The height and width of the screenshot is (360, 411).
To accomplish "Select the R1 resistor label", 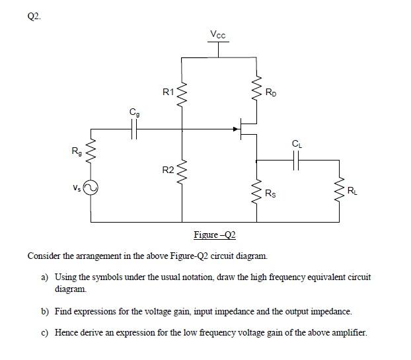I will click(168, 92).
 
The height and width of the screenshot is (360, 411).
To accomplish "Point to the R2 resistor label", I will click(168, 170).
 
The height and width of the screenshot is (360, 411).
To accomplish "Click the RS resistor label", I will click(271, 193).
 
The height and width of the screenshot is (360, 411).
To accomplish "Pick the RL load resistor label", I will click(354, 192).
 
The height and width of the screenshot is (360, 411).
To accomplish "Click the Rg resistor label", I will click(77, 154).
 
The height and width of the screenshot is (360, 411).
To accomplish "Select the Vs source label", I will click(78, 188).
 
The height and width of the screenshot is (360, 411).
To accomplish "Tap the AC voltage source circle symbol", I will click(91, 190).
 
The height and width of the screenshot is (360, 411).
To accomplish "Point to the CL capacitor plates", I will click(295, 159).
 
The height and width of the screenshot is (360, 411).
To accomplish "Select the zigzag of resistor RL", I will click(341, 190).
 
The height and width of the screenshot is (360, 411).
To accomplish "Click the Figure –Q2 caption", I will click(215, 236).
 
